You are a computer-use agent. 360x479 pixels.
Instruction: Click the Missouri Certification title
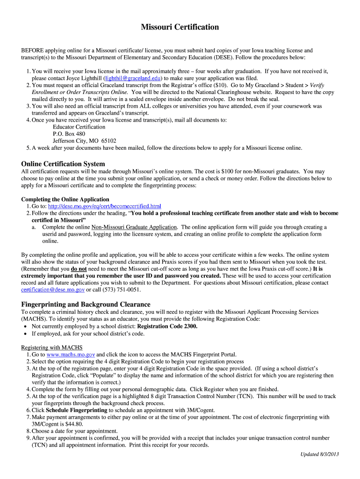[180, 27]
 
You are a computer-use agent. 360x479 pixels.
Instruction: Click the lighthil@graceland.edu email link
[134, 79]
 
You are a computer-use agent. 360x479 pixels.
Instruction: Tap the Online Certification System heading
[63, 164]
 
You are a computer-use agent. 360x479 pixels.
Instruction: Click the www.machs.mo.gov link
[71, 355]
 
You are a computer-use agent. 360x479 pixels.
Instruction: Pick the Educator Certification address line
[79, 127]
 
